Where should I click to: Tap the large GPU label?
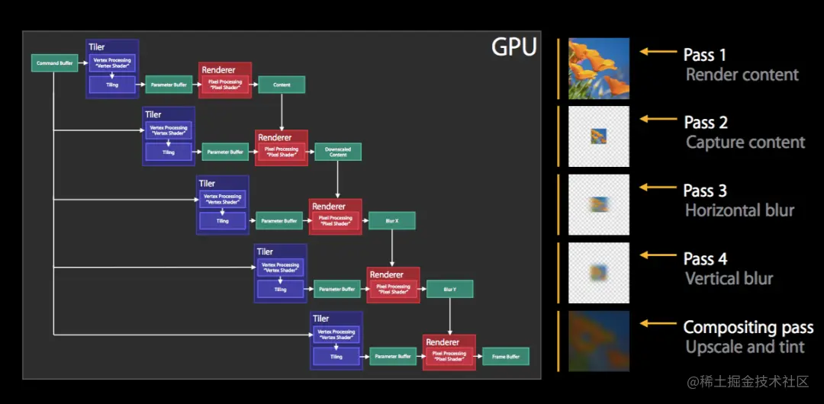(x=513, y=47)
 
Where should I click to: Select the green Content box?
(x=282, y=85)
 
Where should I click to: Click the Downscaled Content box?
(x=338, y=152)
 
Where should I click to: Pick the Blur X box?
(x=392, y=221)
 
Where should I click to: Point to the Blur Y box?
(x=449, y=289)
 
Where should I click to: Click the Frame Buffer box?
(x=505, y=356)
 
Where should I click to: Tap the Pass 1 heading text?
(x=705, y=55)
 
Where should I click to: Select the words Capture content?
(x=745, y=143)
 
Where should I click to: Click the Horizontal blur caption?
(x=739, y=210)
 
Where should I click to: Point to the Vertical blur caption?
(x=729, y=278)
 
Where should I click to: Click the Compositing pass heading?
(x=748, y=328)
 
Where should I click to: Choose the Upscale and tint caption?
(x=745, y=347)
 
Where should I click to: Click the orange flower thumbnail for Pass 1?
(x=599, y=69)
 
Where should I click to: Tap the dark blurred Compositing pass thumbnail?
(x=599, y=341)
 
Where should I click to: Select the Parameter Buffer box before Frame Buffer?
(x=393, y=356)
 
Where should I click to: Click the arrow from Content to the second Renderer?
(x=282, y=111)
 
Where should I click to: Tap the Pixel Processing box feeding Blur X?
(x=335, y=220)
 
